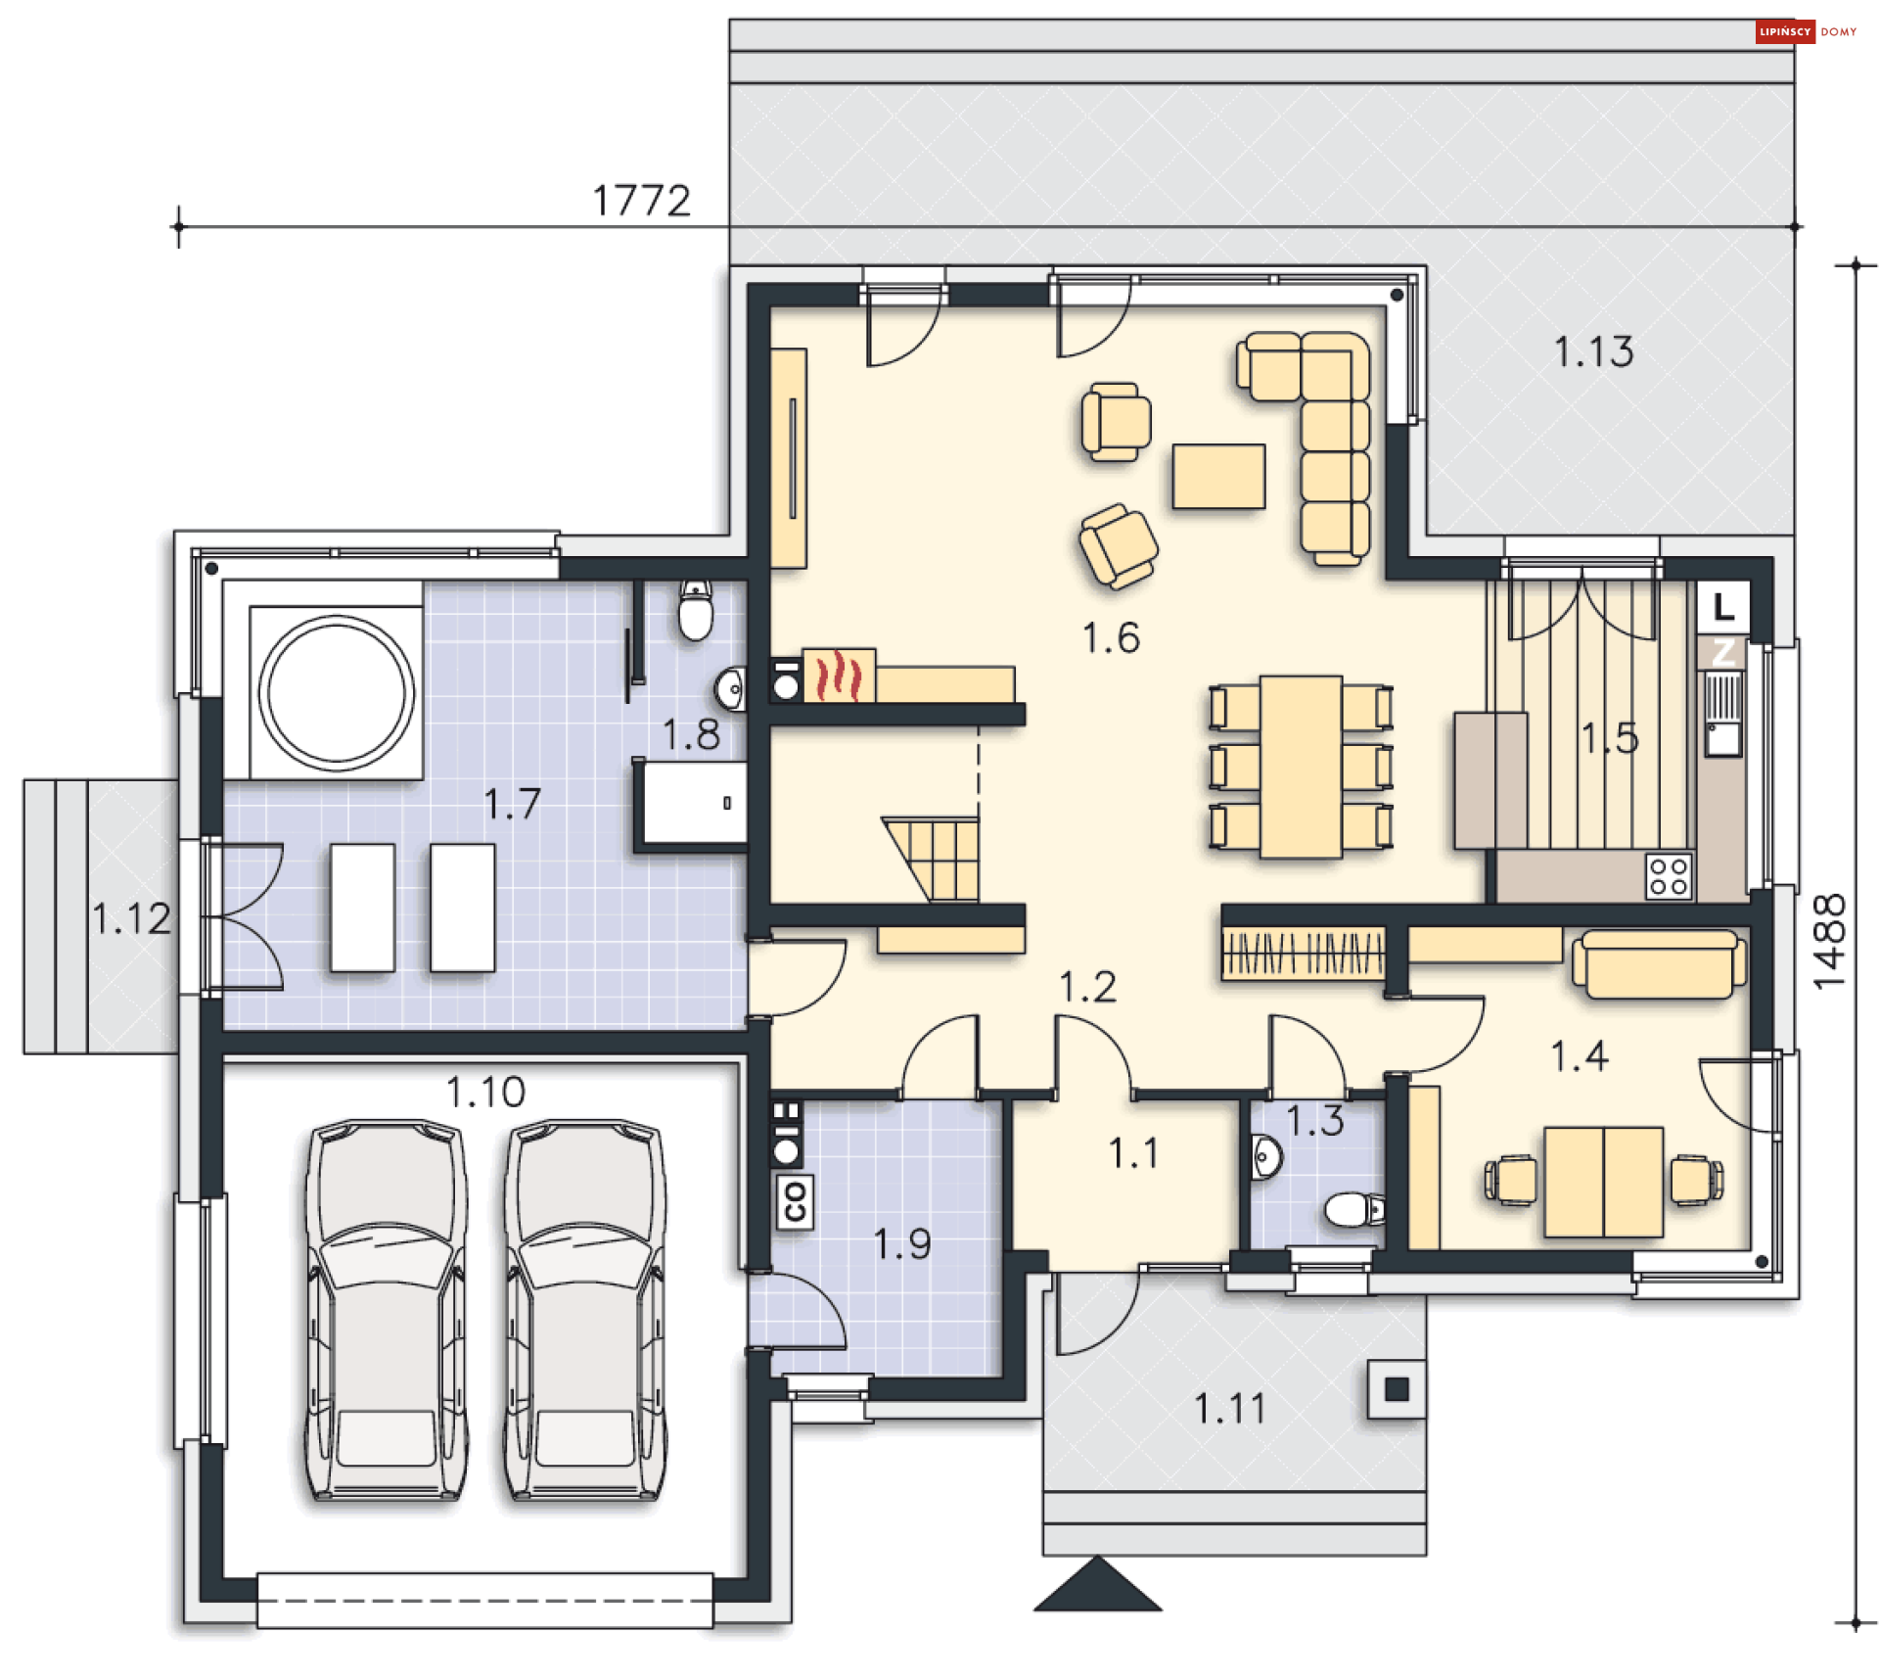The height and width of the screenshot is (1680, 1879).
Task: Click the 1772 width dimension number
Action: click(x=641, y=201)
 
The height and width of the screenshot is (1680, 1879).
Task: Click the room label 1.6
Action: click(x=1110, y=637)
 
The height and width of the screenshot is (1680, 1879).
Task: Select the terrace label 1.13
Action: click(x=1592, y=351)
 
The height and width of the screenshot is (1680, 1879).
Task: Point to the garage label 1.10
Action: click(x=485, y=1092)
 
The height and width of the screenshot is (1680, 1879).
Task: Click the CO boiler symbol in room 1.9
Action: click(x=794, y=1200)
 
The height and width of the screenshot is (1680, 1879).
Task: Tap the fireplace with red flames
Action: click(x=839, y=676)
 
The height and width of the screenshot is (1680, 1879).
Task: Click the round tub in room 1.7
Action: click(x=336, y=689)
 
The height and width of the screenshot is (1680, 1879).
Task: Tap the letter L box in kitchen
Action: click(x=1722, y=607)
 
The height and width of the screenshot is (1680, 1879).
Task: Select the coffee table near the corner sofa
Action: click(x=1218, y=476)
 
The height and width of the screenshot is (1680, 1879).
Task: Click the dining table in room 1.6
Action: click(x=1300, y=766)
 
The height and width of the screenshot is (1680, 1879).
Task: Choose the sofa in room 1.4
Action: click(x=1658, y=964)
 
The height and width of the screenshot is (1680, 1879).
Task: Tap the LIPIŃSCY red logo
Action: click(x=1784, y=31)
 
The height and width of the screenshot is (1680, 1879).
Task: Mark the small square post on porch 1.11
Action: click(x=1396, y=1388)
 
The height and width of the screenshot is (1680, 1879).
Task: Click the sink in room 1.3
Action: click(x=1265, y=1158)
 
